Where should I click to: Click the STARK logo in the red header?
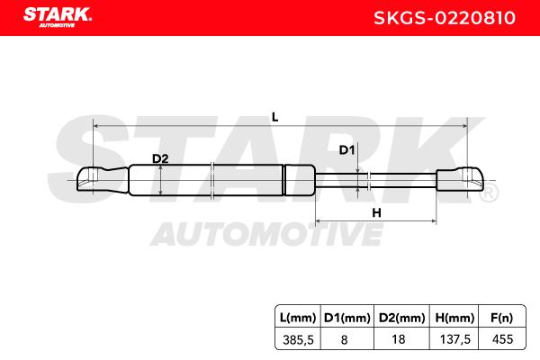click(58, 17)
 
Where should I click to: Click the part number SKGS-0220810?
click(445, 18)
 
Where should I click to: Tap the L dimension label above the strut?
click(274, 118)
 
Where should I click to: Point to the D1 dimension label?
click(346, 150)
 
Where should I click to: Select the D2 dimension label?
click(160, 158)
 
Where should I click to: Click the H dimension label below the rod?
click(376, 213)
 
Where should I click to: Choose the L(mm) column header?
click(298, 318)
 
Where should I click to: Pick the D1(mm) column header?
click(347, 318)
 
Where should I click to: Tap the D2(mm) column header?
click(402, 318)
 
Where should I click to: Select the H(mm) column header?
click(454, 318)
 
